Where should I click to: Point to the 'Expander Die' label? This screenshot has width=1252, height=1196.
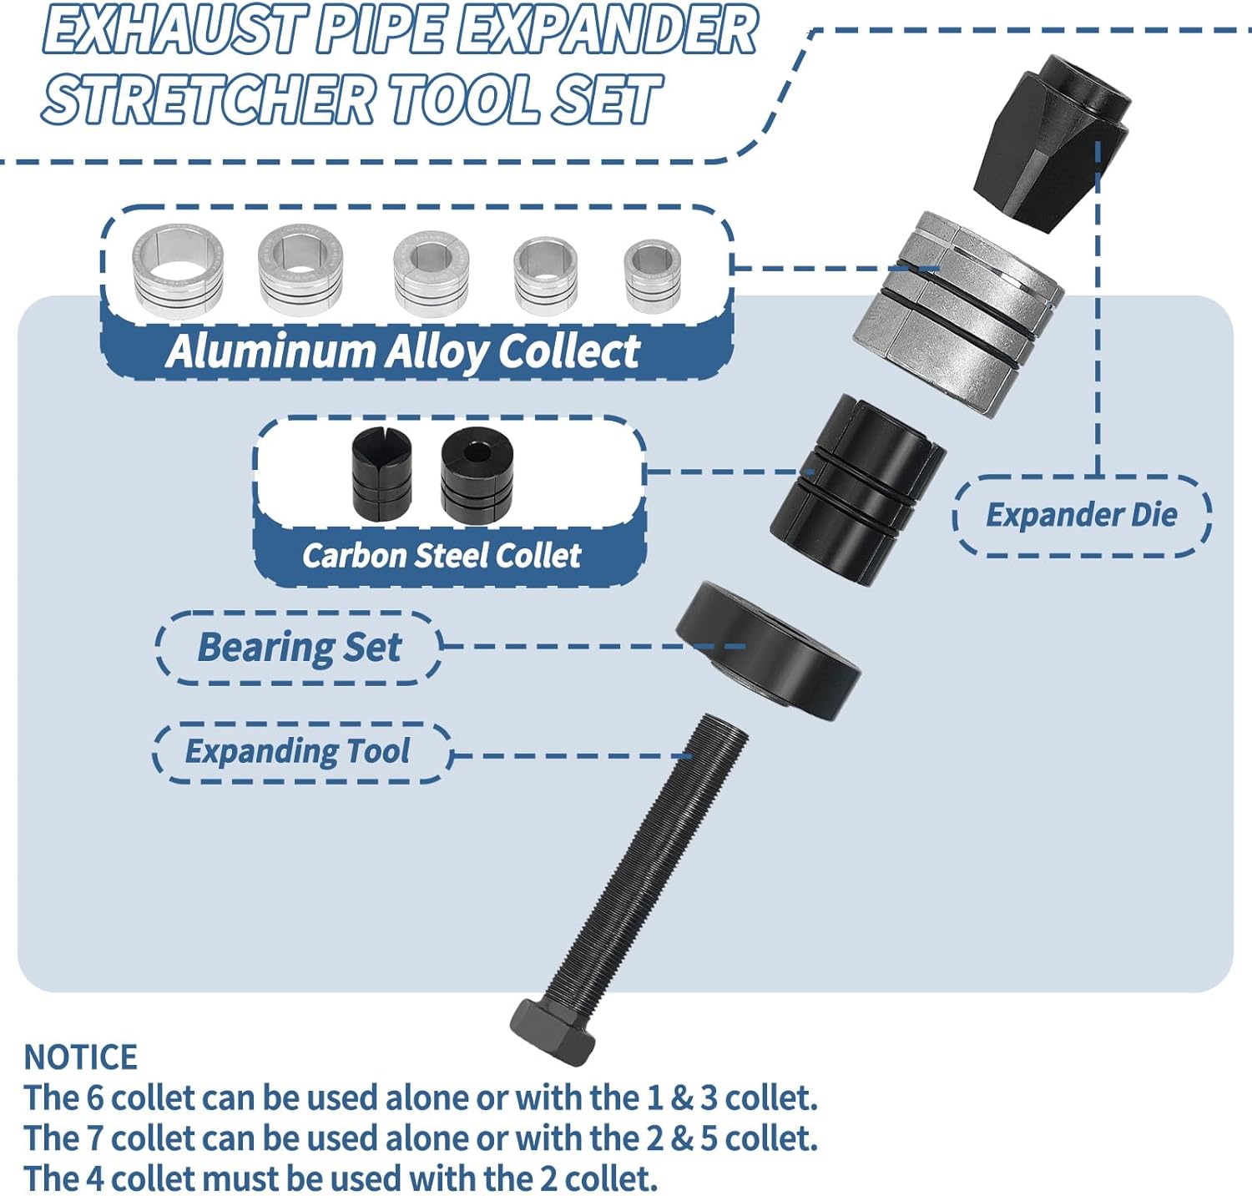click(x=1082, y=515)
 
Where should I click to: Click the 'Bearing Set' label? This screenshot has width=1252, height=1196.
click(x=299, y=648)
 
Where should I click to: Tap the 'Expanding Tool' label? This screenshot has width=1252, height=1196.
click(x=297, y=751)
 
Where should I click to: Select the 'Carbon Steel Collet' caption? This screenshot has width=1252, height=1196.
click(x=442, y=556)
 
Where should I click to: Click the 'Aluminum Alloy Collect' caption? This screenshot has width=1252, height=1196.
click(x=402, y=351)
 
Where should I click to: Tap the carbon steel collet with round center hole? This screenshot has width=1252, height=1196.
click(x=477, y=472)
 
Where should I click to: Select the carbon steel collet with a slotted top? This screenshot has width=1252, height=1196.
click(x=381, y=472)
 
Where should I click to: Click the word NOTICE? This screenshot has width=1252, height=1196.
click(x=80, y=1057)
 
